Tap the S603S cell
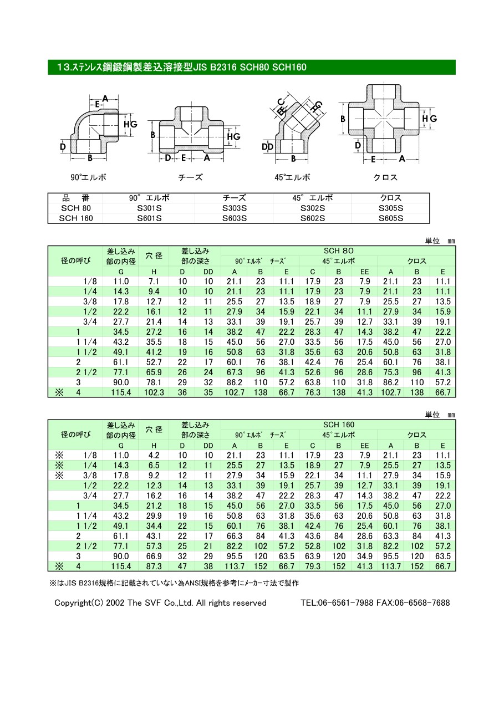click(x=234, y=218)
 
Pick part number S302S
click(x=313, y=208)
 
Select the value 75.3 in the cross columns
click(x=391, y=372)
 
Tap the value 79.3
click(x=313, y=566)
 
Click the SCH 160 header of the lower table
click(x=338, y=425)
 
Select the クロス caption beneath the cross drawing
click(x=385, y=178)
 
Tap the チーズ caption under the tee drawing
click(x=190, y=178)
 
